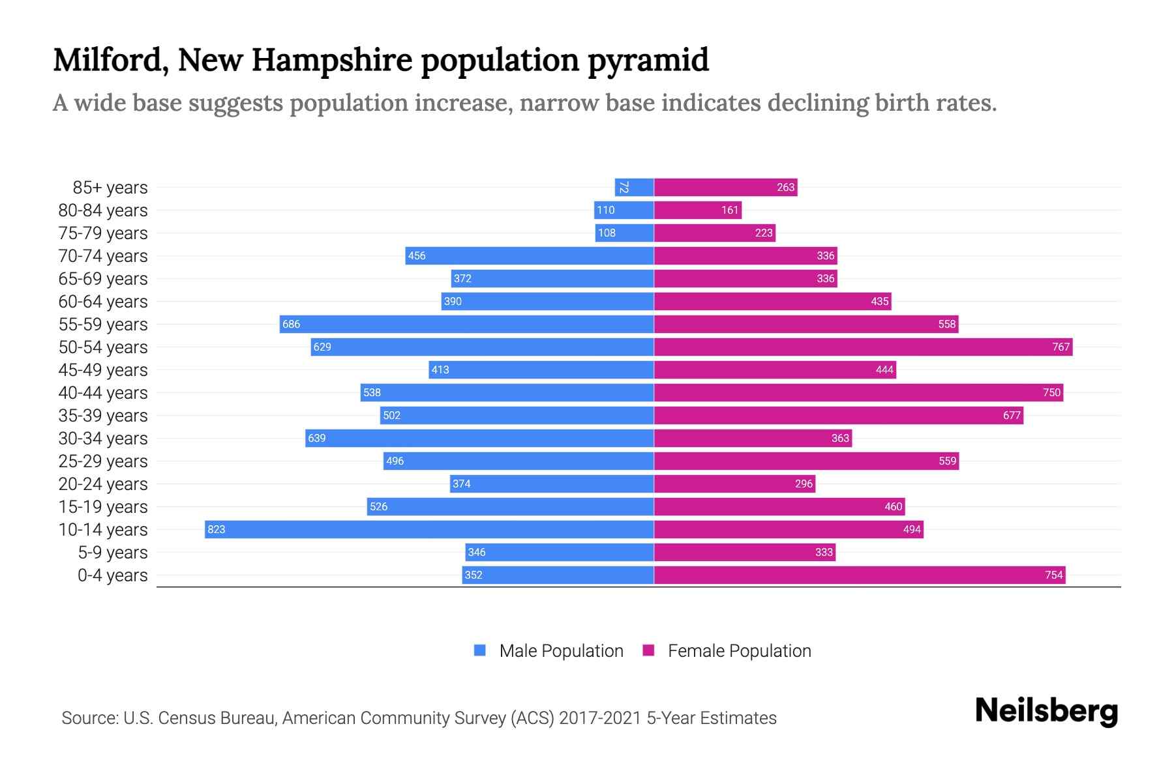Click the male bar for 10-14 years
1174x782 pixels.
point(429,529)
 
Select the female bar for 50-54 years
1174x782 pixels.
point(863,347)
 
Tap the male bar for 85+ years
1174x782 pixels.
point(634,188)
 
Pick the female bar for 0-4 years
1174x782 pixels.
point(859,575)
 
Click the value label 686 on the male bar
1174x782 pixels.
point(291,325)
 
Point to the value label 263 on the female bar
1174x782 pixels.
point(785,188)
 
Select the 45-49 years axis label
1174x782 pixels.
point(103,370)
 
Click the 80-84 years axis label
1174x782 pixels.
point(103,210)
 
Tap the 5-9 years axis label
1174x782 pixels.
point(113,553)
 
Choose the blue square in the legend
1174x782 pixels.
point(480,650)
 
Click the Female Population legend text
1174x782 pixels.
point(739,651)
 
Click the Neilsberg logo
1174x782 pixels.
point(1046,711)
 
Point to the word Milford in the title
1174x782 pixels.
point(108,60)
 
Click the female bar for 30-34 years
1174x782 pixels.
point(753,438)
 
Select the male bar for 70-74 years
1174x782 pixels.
point(529,255)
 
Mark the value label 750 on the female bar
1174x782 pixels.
point(1051,392)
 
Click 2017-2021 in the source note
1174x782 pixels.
point(600,718)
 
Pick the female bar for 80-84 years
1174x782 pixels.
point(698,210)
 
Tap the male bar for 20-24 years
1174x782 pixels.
point(552,484)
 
